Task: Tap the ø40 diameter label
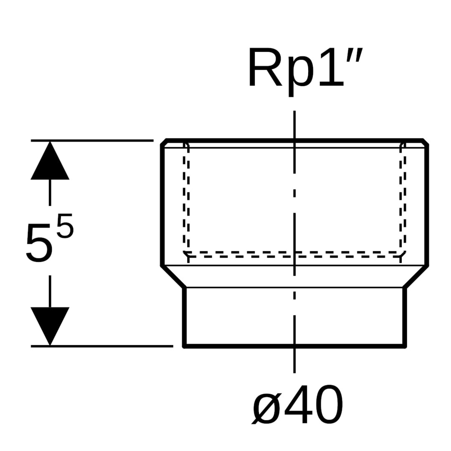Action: click(298, 404)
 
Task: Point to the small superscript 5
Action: click(65, 226)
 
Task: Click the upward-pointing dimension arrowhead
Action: click(50, 162)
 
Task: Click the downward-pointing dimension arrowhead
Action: click(50, 325)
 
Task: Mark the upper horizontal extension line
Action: click(92, 141)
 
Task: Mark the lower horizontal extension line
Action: click(102, 346)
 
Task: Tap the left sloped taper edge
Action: click(173, 276)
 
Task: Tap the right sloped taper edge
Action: click(416, 276)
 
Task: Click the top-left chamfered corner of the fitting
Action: click(164, 142)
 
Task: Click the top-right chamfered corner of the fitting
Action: click(426, 142)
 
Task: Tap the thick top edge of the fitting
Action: click(251, 140)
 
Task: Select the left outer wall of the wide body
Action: click(162, 205)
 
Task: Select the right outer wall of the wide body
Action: click(427, 205)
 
